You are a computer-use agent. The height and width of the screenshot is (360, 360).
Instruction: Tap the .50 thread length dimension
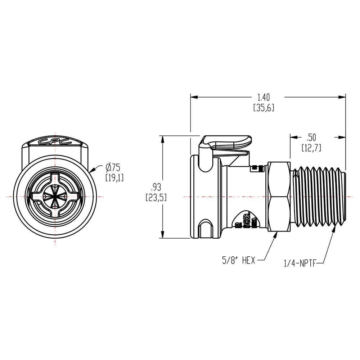[x=311, y=137]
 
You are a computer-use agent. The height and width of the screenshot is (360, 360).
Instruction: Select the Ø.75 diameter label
[x=113, y=167]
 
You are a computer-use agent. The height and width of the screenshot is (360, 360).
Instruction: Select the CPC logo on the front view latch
[x=54, y=142]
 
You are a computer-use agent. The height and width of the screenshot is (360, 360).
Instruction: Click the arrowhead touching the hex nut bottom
[x=276, y=235]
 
